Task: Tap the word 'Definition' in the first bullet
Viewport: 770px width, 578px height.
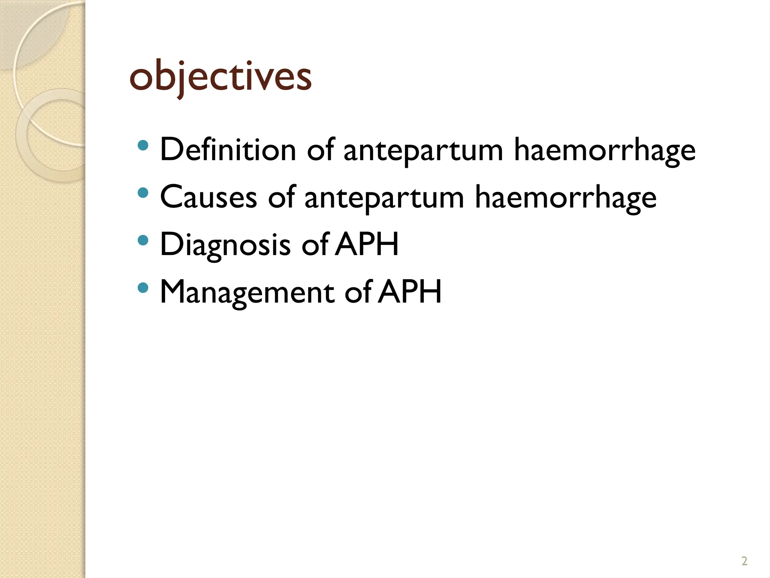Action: (x=228, y=150)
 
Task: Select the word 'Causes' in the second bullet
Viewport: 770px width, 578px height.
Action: (x=209, y=198)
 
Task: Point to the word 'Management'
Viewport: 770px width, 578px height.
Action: (x=247, y=292)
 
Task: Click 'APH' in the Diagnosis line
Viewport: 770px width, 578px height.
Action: (x=367, y=245)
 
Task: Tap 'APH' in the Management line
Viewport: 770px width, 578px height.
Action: (x=410, y=292)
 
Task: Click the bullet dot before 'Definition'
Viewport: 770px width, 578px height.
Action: (x=143, y=146)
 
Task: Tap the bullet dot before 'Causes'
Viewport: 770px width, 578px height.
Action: (x=143, y=193)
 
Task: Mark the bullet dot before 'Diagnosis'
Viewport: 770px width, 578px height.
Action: (x=143, y=240)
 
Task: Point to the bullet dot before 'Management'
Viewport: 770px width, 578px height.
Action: (x=143, y=288)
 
